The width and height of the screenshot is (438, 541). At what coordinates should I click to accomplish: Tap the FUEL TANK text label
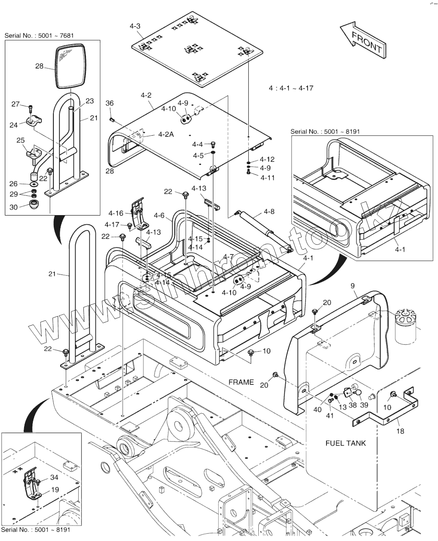point(345,443)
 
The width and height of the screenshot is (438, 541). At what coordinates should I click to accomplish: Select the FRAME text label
point(241,382)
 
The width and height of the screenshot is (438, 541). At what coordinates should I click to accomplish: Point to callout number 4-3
point(135,26)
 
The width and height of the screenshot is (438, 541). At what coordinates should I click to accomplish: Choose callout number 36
point(109,104)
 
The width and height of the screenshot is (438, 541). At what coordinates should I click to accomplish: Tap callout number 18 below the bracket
point(400,431)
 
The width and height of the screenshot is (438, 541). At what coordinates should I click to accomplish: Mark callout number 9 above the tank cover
point(353,286)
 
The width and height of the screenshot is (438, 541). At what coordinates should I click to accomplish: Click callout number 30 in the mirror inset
point(14,207)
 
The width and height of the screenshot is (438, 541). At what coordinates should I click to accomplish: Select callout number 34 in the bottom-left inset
point(55,477)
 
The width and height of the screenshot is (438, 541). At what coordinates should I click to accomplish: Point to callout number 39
point(364,405)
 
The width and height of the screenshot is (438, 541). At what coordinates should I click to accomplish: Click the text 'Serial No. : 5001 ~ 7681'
point(39,36)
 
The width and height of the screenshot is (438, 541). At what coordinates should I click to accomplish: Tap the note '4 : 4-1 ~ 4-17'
point(291,88)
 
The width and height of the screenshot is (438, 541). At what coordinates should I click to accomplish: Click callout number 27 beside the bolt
point(16,104)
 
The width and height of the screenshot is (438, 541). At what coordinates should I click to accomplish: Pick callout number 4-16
point(116,213)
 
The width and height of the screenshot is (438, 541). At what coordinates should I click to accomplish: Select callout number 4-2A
point(166,134)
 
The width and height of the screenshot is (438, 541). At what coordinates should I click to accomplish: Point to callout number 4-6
point(159,216)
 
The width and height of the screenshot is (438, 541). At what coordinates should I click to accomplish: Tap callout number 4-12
point(267,159)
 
